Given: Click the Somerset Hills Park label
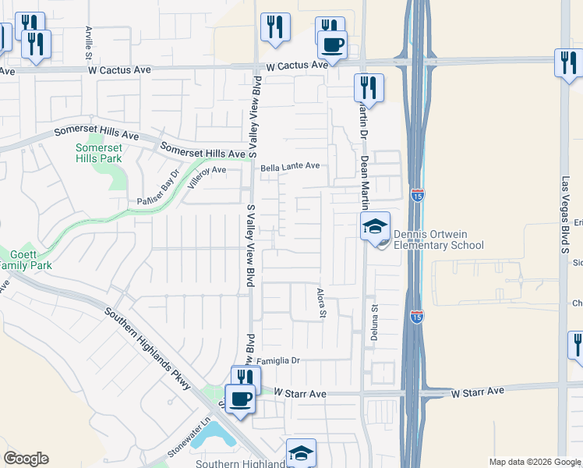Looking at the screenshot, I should coord(99,153).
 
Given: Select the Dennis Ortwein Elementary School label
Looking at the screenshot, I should coord(438,239).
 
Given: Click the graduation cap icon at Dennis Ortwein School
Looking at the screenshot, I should coord(374,227).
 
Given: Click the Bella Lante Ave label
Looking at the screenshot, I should coord(290,166).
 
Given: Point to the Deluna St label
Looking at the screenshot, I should coord(374,321).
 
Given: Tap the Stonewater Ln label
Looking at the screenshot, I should coord(189,438).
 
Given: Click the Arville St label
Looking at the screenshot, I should coord(88,43).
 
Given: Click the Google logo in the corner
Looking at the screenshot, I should coord(26,458).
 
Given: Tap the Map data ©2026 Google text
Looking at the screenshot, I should coord(535,462).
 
